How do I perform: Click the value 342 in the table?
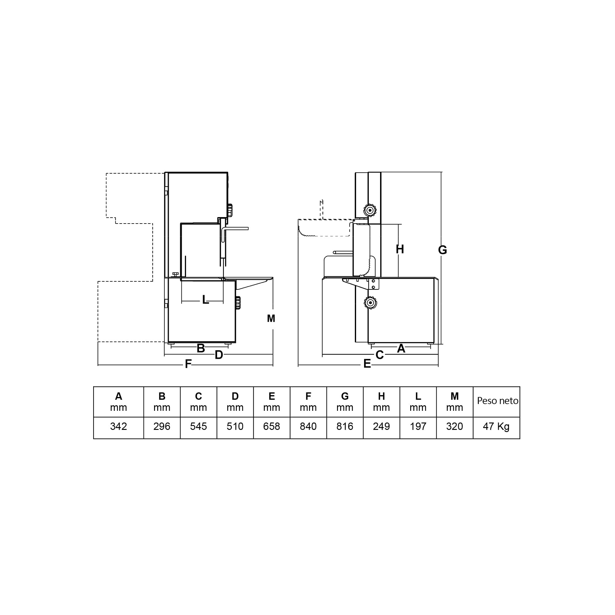[x=118, y=427]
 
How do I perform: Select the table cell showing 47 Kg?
[x=496, y=427]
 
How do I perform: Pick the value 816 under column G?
[x=345, y=427]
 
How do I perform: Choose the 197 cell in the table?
[x=418, y=427]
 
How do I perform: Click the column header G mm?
[x=345, y=402]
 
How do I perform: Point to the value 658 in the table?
[x=272, y=427]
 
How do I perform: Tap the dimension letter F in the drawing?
[x=188, y=364]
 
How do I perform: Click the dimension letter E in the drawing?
[x=367, y=364]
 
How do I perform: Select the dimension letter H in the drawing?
[x=400, y=249]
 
